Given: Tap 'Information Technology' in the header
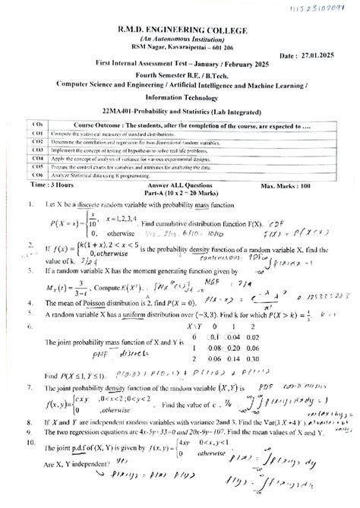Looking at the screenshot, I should click(179, 96).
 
